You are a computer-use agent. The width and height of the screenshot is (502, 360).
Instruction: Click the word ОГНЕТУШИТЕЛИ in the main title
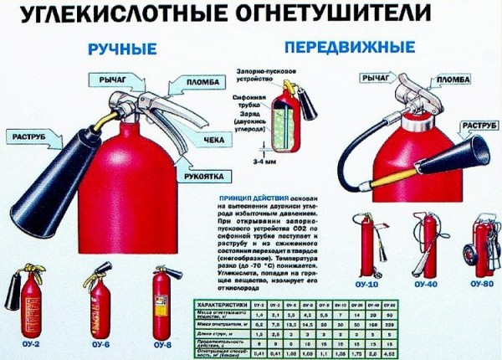pos(330,15)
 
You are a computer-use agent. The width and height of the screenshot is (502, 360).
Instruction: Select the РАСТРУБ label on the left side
pos(31,136)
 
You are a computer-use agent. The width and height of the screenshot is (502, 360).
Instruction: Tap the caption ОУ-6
pos(103,343)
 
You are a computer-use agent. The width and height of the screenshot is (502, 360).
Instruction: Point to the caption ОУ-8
pos(164,343)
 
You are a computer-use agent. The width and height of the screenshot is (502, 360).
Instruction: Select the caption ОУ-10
pos(366,285)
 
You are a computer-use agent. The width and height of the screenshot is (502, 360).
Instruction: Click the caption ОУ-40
pos(426,285)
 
